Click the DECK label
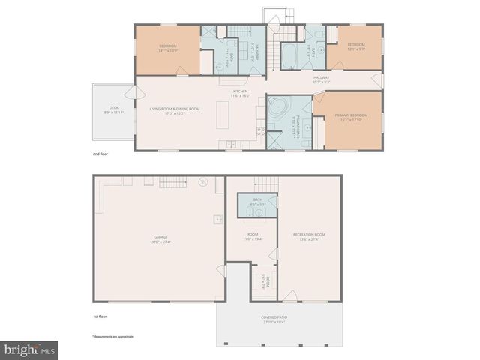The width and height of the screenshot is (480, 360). (x=114, y=108)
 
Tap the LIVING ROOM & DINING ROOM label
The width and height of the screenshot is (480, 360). (x=175, y=109)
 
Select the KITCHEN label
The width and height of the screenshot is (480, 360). (x=239, y=91)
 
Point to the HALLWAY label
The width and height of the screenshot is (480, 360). (x=322, y=76)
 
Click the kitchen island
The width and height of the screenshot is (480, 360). (x=222, y=114)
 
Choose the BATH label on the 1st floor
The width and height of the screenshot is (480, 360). (x=257, y=199)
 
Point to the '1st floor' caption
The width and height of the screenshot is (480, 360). (x=99, y=316)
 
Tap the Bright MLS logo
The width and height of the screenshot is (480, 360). (x=29, y=349)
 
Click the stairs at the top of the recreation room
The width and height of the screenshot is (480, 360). (x=265, y=182)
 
